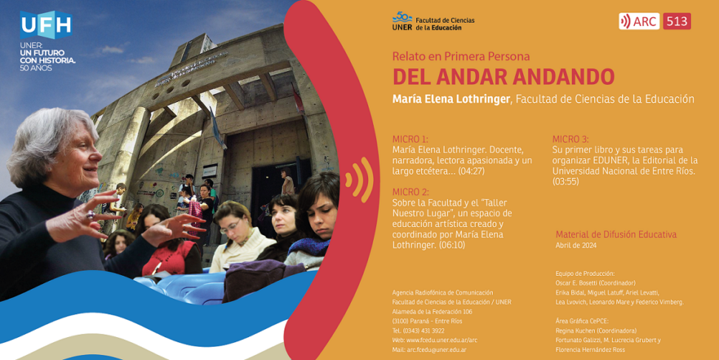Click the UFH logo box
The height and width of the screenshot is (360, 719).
click(46, 25)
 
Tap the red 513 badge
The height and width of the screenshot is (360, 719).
click(677, 21)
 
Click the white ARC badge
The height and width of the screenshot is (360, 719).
click(639, 21)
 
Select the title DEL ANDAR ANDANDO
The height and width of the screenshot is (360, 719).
click(503, 77)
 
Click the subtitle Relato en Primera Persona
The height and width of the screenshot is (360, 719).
click(461, 56)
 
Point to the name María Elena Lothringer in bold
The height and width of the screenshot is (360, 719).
click(451, 99)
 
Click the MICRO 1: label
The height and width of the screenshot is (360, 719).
click(410, 139)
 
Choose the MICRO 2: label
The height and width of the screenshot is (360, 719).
click(410, 191)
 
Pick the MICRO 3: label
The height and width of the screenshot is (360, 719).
click(570, 139)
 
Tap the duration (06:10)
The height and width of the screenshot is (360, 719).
click(452, 245)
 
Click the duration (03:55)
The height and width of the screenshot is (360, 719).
click(565, 182)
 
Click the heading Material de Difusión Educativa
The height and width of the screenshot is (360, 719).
click(616, 234)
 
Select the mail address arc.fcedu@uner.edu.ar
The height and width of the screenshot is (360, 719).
click(437, 350)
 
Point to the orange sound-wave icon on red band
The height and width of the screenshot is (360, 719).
click(359, 180)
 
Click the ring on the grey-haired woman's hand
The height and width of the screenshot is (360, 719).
click(90, 214)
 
